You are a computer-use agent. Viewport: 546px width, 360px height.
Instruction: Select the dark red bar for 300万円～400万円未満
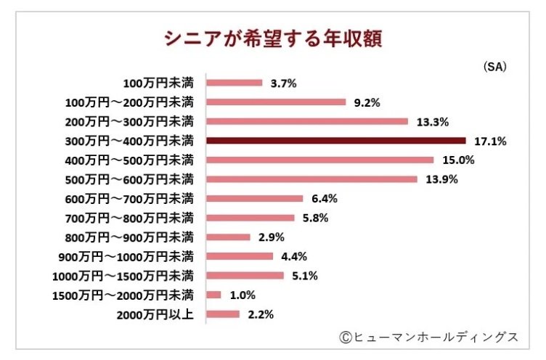click(x=336, y=140)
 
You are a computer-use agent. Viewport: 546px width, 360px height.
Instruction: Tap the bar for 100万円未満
click(x=235, y=83)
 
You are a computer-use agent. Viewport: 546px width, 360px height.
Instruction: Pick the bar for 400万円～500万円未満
click(x=320, y=160)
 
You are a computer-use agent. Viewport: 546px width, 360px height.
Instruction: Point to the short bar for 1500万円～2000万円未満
click(x=214, y=295)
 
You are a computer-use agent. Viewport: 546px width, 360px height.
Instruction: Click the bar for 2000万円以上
click(x=224, y=314)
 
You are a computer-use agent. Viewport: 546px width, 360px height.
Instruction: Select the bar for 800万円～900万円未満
click(x=229, y=237)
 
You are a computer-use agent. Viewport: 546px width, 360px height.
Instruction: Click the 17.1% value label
click(x=492, y=141)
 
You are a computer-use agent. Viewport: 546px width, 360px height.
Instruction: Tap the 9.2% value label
click(x=367, y=102)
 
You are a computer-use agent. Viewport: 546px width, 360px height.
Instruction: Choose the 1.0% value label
click(x=242, y=295)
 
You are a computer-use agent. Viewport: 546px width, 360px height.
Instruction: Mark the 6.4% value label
click(x=324, y=198)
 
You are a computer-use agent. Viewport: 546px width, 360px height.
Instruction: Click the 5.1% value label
click(x=305, y=276)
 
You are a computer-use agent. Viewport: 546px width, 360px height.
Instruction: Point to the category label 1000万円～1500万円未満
click(x=123, y=276)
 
